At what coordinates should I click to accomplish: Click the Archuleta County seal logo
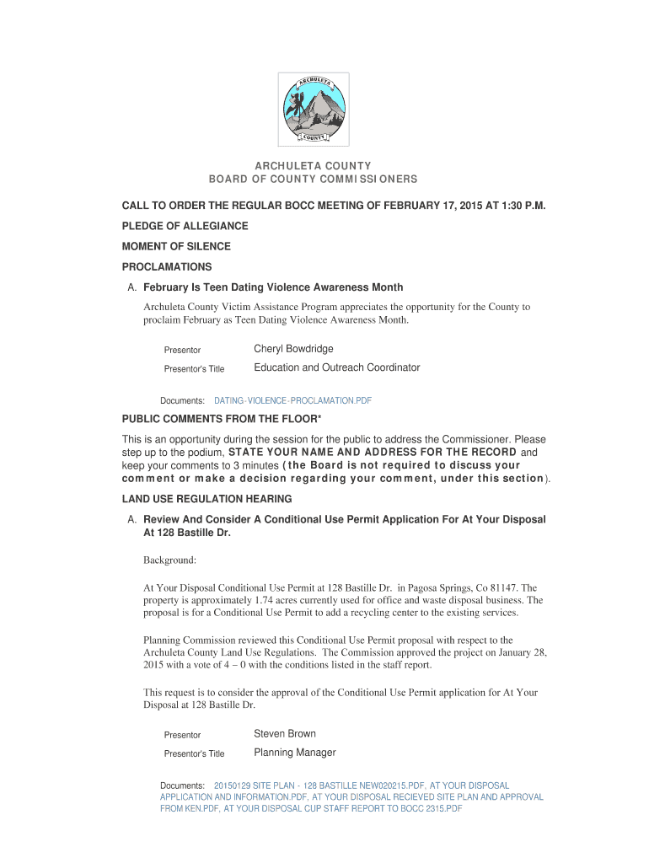(314, 110)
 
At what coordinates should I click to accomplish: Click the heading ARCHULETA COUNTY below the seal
(314, 166)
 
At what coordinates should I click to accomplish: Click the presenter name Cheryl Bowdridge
(293, 349)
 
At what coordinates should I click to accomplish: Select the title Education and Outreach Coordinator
(336, 367)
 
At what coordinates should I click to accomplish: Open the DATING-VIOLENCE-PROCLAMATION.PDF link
(292, 400)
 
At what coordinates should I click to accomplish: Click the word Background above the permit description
(169, 560)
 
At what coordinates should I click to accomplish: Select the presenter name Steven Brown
(285, 733)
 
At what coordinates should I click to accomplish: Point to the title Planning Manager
(295, 753)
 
